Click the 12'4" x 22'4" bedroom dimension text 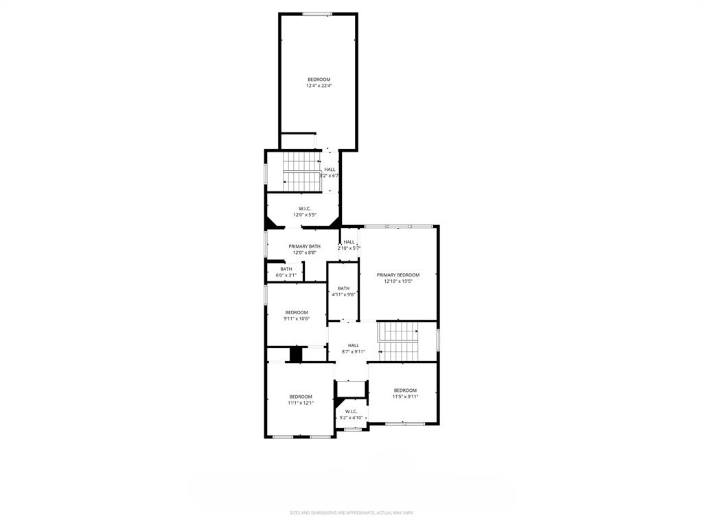click(319, 86)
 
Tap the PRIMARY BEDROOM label click(397, 274)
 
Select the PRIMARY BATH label click(304, 246)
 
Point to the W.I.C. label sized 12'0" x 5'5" click(305, 209)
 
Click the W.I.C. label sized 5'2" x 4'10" click(351, 412)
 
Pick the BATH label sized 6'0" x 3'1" click(286, 269)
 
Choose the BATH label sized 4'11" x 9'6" click(343, 288)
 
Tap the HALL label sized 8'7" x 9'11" click(353, 345)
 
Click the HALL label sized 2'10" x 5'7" click(349, 242)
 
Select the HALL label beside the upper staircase click(330, 169)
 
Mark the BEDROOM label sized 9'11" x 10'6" click(297, 312)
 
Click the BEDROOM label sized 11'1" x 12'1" click(301, 397)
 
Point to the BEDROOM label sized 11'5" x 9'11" click(405, 390)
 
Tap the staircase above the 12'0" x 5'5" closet click(302, 172)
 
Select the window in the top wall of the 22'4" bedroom click(318, 14)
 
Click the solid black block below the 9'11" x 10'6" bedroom click(296, 354)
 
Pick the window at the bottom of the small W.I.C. click(353, 430)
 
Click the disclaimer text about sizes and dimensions click(351, 513)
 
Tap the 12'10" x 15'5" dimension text click(397, 281)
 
